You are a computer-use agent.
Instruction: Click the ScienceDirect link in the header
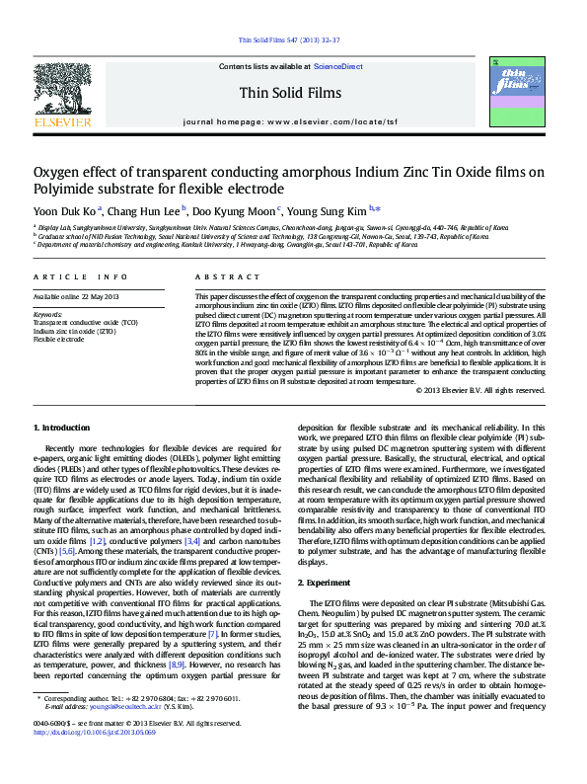click(x=337, y=65)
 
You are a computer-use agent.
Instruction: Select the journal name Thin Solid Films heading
click(x=293, y=93)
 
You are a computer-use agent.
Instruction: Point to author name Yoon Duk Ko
click(x=66, y=209)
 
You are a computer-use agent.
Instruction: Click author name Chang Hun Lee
click(x=145, y=209)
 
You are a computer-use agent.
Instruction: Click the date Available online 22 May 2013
click(x=76, y=297)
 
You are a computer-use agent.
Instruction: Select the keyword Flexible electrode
click(x=59, y=339)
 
